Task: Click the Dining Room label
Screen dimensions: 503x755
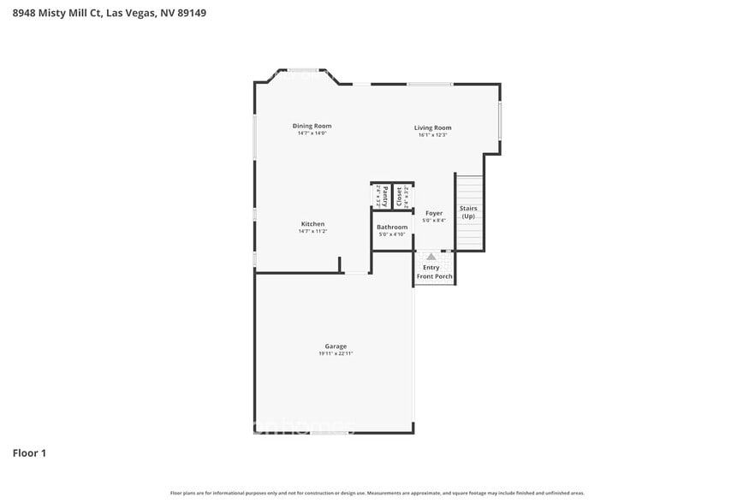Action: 312,126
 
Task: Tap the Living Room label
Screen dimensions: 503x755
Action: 432,127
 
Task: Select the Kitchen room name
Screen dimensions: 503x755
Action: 312,223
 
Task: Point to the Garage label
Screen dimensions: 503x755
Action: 335,346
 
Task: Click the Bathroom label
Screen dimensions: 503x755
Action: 392,227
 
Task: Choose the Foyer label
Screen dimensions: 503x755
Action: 434,213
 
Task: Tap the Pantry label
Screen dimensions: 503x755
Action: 385,195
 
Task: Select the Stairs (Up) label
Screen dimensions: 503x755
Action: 468,212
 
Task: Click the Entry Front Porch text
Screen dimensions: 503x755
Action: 434,272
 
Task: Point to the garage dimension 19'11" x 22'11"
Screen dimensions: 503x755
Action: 336,353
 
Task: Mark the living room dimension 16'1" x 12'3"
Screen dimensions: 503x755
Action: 432,135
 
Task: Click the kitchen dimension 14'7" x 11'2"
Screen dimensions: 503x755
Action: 312,231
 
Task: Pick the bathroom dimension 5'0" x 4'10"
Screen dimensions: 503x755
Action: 392,234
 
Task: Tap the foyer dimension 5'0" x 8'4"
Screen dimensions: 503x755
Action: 434,221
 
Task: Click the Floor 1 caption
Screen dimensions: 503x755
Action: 29,453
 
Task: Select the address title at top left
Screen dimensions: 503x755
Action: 109,13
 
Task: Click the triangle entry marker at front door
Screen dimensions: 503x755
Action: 431,256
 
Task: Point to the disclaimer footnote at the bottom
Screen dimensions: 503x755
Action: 377,493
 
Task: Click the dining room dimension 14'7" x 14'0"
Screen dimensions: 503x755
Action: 312,133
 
